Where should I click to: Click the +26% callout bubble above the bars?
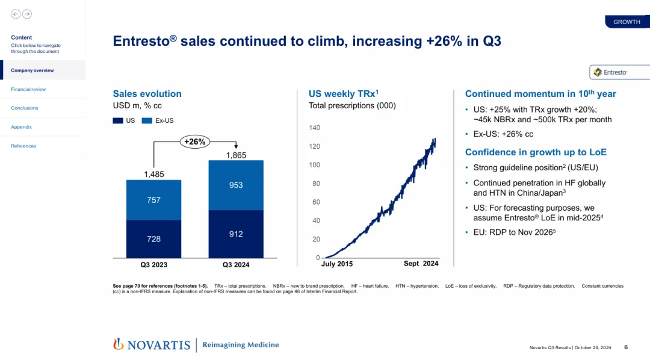tap(195, 142)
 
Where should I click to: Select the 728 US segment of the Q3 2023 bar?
tap(153, 238)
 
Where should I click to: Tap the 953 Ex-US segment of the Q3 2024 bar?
tap(236, 185)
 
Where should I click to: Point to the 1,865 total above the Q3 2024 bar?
tap(236, 155)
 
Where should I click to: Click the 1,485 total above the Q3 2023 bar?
tap(153, 175)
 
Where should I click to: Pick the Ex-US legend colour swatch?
tap(147, 120)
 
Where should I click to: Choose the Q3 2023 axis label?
tap(153, 264)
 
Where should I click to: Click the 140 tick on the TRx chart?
tap(314, 128)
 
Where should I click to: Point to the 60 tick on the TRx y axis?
tap(316, 202)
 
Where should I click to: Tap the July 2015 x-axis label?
tap(337, 264)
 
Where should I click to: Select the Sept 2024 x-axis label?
tap(421, 264)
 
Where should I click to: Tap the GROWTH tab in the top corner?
tap(627, 22)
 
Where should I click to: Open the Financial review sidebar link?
tap(28, 89)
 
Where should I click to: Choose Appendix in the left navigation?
tap(22, 127)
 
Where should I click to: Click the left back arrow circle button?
tap(16, 14)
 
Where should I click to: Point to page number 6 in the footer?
tap(626, 347)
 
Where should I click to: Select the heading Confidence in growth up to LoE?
tap(536, 152)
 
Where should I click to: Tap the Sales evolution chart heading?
tap(147, 94)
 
